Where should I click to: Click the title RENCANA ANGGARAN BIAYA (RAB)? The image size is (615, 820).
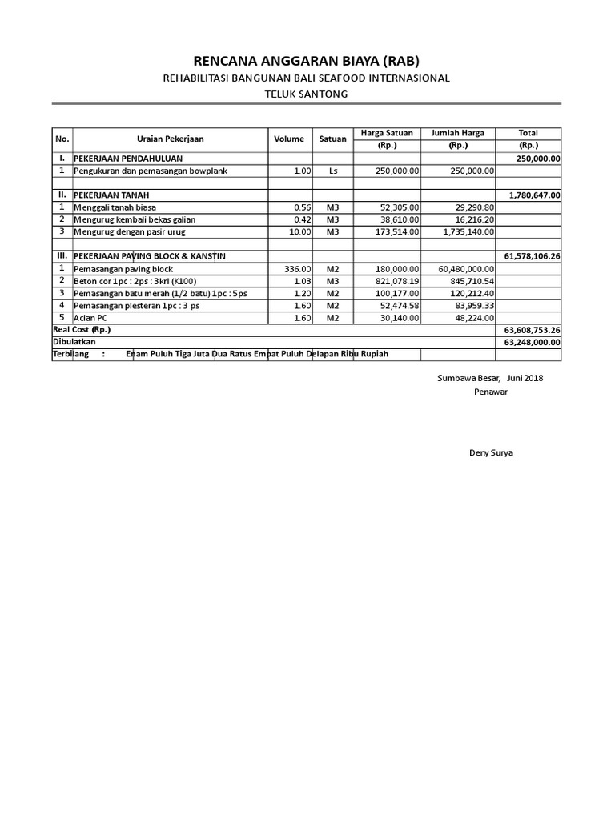point(307,62)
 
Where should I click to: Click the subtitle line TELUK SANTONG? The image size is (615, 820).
point(307,94)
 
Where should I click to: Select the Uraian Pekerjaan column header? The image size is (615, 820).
point(170,139)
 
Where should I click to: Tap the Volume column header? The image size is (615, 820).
point(289,139)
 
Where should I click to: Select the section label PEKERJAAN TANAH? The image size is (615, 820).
point(111,195)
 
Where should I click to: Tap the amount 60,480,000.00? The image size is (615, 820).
point(461,269)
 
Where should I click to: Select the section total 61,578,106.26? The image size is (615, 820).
point(532,256)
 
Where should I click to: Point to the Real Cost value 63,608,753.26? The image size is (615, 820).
point(532,329)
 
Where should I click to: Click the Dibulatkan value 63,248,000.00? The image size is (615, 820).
point(532,341)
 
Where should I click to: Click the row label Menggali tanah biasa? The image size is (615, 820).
point(115,207)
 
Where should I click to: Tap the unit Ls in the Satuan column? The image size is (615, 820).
point(333,171)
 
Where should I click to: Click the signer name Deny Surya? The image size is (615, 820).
point(491,452)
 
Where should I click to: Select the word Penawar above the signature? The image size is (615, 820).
point(491,392)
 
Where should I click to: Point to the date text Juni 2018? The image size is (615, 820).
point(525,378)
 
